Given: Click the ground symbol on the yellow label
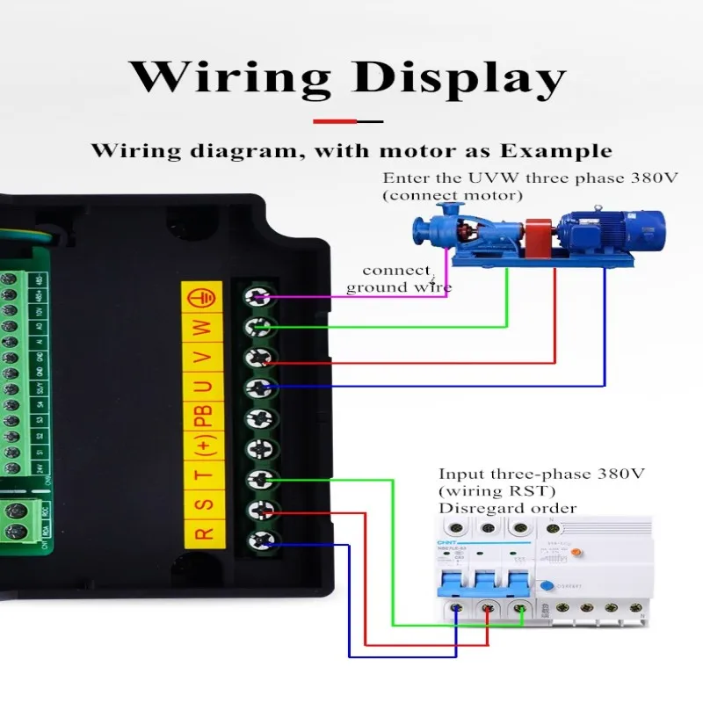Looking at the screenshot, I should click(203, 299).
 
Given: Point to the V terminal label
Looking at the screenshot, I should click(203, 358).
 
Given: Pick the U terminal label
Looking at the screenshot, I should click(203, 387).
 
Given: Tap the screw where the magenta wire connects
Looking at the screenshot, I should click(258, 298).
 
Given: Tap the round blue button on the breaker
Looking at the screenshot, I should click(546, 587).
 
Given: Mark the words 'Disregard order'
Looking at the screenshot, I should click(507, 508).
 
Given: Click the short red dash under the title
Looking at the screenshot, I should click(333, 121).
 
